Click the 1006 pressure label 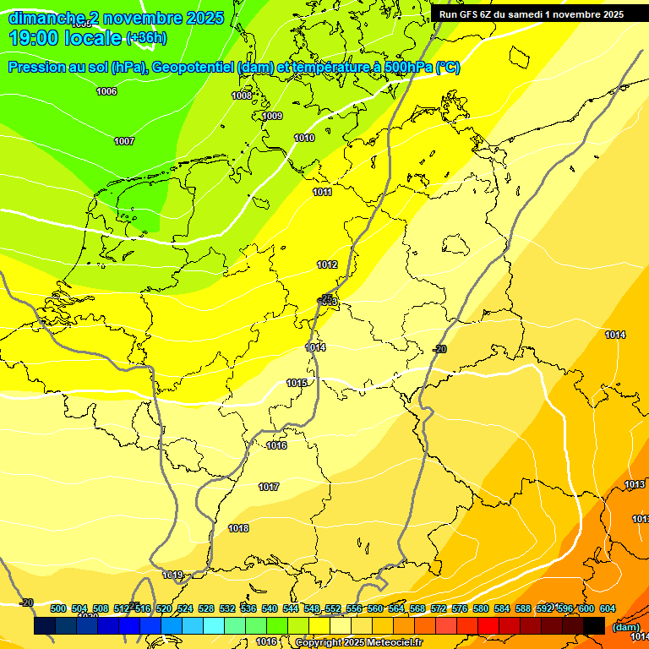click(x=106, y=91)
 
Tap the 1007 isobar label click(x=124, y=141)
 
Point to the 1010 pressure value click(x=304, y=138)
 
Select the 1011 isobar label click(x=322, y=192)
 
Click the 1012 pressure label click(x=327, y=265)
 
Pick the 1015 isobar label click(x=297, y=383)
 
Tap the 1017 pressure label click(x=269, y=487)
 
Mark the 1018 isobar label click(x=238, y=528)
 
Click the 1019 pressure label click(x=173, y=575)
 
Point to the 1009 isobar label click(x=272, y=116)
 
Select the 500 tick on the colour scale click(x=58, y=608)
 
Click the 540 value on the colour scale click(x=270, y=608)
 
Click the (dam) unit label click(x=626, y=627)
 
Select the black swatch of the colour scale click(x=594, y=625)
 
